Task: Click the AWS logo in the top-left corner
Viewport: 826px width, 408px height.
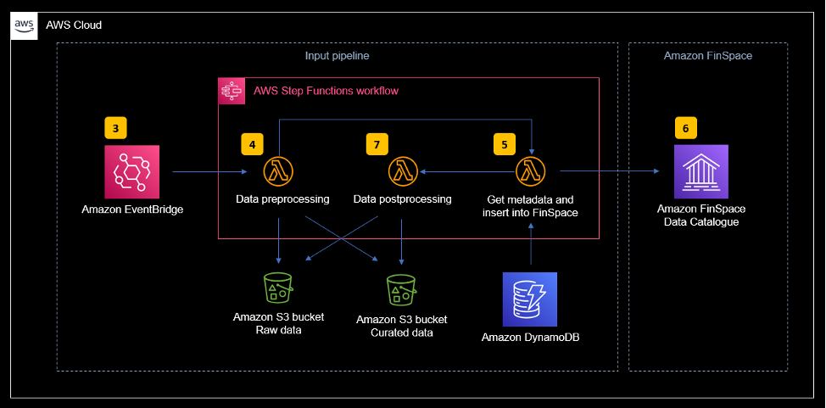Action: tap(25, 26)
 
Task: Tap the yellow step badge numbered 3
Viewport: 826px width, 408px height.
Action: tap(115, 128)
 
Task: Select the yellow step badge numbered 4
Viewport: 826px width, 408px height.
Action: tap(252, 143)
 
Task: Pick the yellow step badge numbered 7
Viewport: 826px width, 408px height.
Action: tap(377, 143)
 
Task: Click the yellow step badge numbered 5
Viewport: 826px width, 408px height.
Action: tap(505, 143)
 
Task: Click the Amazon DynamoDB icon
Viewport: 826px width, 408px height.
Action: tap(530, 299)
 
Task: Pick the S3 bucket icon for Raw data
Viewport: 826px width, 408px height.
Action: tap(278, 289)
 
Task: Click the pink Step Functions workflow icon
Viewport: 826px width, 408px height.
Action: tap(232, 91)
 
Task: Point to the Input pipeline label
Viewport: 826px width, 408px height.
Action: tap(337, 56)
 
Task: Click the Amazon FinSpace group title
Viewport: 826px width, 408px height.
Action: tap(707, 56)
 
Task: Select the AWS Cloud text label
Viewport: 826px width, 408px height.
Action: tap(74, 25)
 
